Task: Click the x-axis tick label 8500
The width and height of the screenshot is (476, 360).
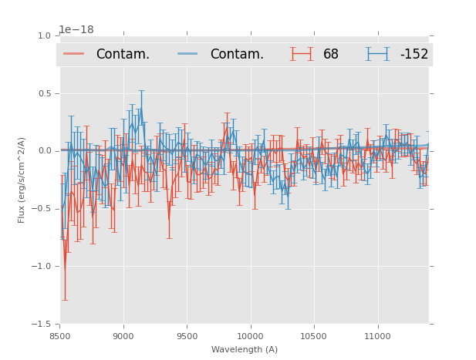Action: tap(60, 336)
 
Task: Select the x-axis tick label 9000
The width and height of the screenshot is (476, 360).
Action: tap(123, 336)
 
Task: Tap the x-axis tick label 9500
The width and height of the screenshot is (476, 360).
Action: tap(187, 336)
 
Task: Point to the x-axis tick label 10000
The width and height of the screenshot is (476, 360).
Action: tap(250, 336)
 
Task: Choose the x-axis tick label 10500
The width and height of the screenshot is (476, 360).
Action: tap(313, 336)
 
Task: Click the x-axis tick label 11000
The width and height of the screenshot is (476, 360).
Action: tap(376, 336)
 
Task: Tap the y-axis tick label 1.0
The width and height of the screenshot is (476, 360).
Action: tap(44, 35)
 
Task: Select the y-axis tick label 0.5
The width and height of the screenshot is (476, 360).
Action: tap(44, 93)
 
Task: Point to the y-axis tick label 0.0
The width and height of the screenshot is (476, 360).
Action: tap(44, 151)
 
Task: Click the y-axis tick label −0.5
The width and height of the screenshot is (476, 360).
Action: tap(42, 209)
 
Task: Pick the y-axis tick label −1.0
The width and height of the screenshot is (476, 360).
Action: tap(42, 267)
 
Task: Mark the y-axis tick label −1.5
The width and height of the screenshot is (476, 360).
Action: tap(42, 325)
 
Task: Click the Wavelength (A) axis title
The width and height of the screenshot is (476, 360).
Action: tap(245, 349)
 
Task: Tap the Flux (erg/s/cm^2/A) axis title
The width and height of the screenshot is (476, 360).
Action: tap(22, 180)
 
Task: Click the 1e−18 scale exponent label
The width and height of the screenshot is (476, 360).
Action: tap(76, 29)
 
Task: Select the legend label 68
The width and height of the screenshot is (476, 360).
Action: tap(331, 55)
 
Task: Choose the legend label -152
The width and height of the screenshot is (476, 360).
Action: tap(414, 55)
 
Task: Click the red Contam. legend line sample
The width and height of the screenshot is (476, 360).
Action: tap(74, 54)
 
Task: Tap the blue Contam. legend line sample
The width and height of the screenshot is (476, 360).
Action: tap(188, 54)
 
